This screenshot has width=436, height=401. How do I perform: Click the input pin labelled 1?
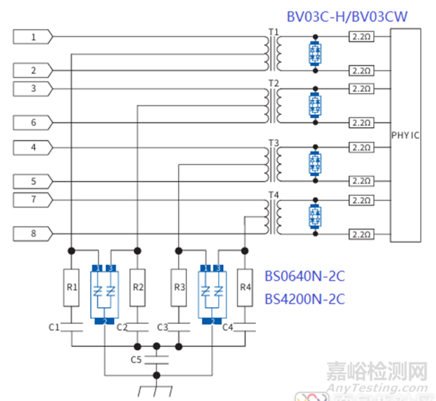33,36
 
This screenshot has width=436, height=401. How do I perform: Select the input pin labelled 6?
33,123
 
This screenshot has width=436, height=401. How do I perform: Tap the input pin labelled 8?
33,234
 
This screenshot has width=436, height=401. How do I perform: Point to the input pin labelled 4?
33,148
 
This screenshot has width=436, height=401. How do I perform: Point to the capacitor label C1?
54,327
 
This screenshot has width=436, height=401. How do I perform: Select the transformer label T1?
272,31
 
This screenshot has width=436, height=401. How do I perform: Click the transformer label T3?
273,142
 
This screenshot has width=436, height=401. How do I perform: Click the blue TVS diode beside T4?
315,217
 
